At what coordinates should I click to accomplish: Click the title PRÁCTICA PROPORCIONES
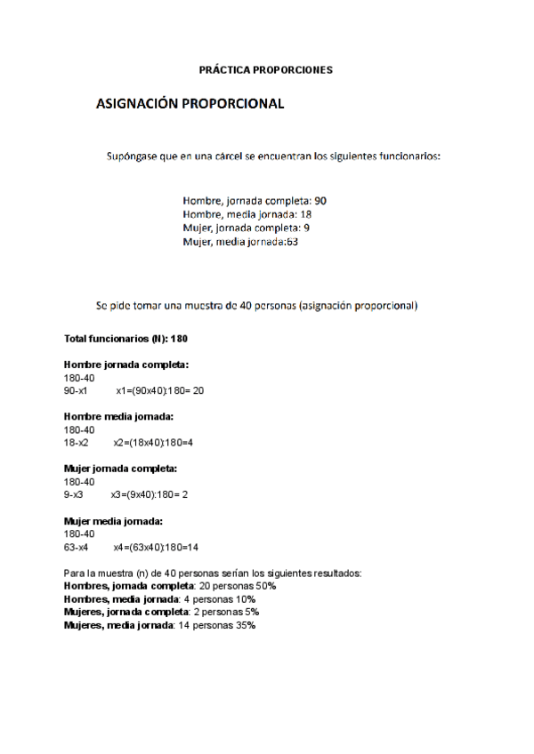point(266,69)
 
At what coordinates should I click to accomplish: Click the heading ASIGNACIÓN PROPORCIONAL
point(190,104)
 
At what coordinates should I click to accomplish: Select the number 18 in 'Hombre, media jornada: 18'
point(305,214)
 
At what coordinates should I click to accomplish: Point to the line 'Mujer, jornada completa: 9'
point(246,228)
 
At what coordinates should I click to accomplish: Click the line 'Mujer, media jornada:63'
point(240,241)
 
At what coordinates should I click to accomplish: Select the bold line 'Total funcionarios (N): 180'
point(125,339)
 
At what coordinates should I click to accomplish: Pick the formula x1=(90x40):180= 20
point(160,390)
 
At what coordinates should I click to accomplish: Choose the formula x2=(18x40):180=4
point(153,442)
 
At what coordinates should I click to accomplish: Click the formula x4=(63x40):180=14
point(156,547)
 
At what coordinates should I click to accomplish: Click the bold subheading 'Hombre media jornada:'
point(118,416)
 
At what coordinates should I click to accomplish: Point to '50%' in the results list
point(265,587)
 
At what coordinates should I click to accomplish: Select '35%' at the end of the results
point(245,625)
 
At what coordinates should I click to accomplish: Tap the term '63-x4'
point(76,547)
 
